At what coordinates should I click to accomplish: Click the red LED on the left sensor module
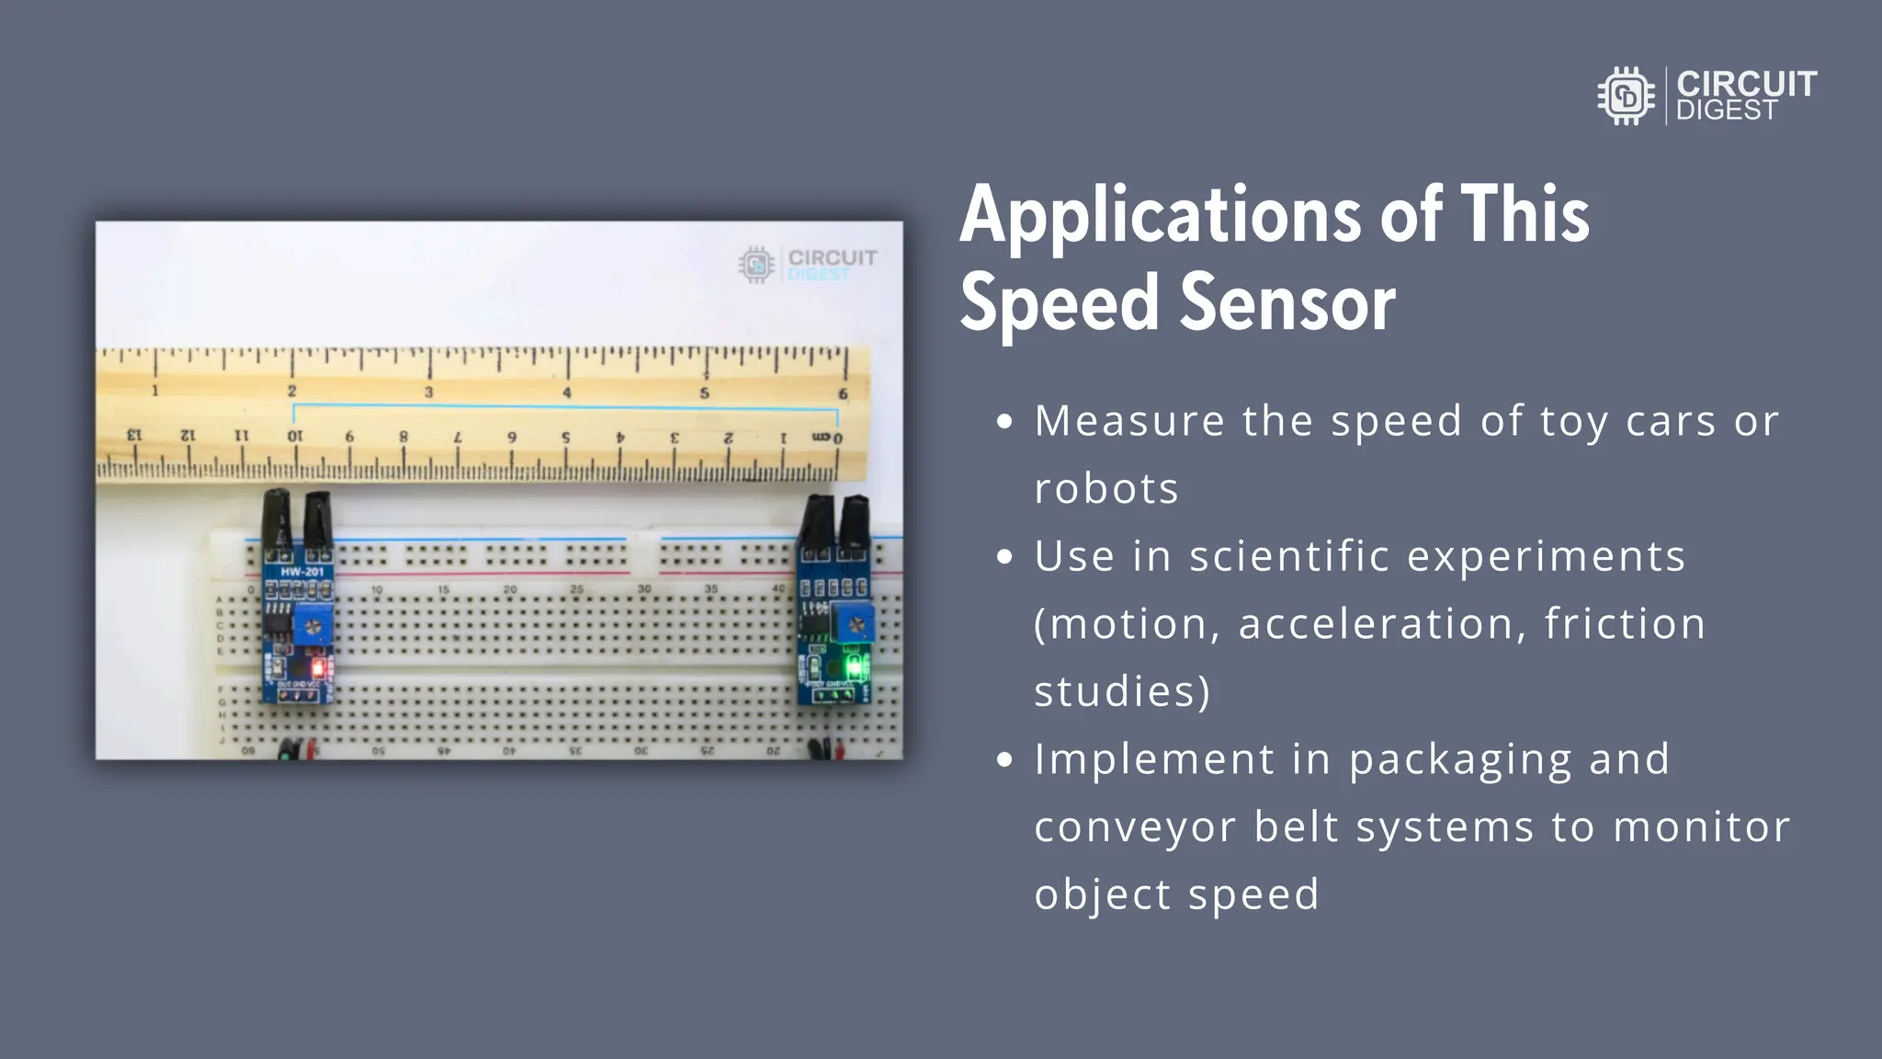pyautogui.click(x=318, y=666)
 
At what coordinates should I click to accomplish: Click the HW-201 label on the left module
pyautogui.click(x=302, y=572)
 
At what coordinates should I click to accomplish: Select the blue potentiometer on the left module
pyautogui.click(x=313, y=627)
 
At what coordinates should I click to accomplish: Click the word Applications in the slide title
pyautogui.click(x=1160, y=216)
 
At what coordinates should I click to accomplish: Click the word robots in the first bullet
pyautogui.click(x=1105, y=488)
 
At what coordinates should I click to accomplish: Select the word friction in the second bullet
pyautogui.click(x=1624, y=623)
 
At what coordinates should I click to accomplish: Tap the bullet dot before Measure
pyautogui.click(x=1004, y=422)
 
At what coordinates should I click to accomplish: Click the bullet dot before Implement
pyautogui.click(x=1004, y=760)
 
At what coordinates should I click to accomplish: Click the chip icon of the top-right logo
pyautogui.click(x=1626, y=96)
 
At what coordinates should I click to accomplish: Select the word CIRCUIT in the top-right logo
pyautogui.click(x=1746, y=84)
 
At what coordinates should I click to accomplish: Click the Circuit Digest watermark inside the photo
pyautogui.click(x=808, y=264)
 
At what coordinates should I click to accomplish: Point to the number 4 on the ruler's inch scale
pyautogui.click(x=566, y=393)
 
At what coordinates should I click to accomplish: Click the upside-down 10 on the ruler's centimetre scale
pyautogui.click(x=294, y=436)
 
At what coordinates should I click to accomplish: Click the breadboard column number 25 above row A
pyautogui.click(x=576, y=589)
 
